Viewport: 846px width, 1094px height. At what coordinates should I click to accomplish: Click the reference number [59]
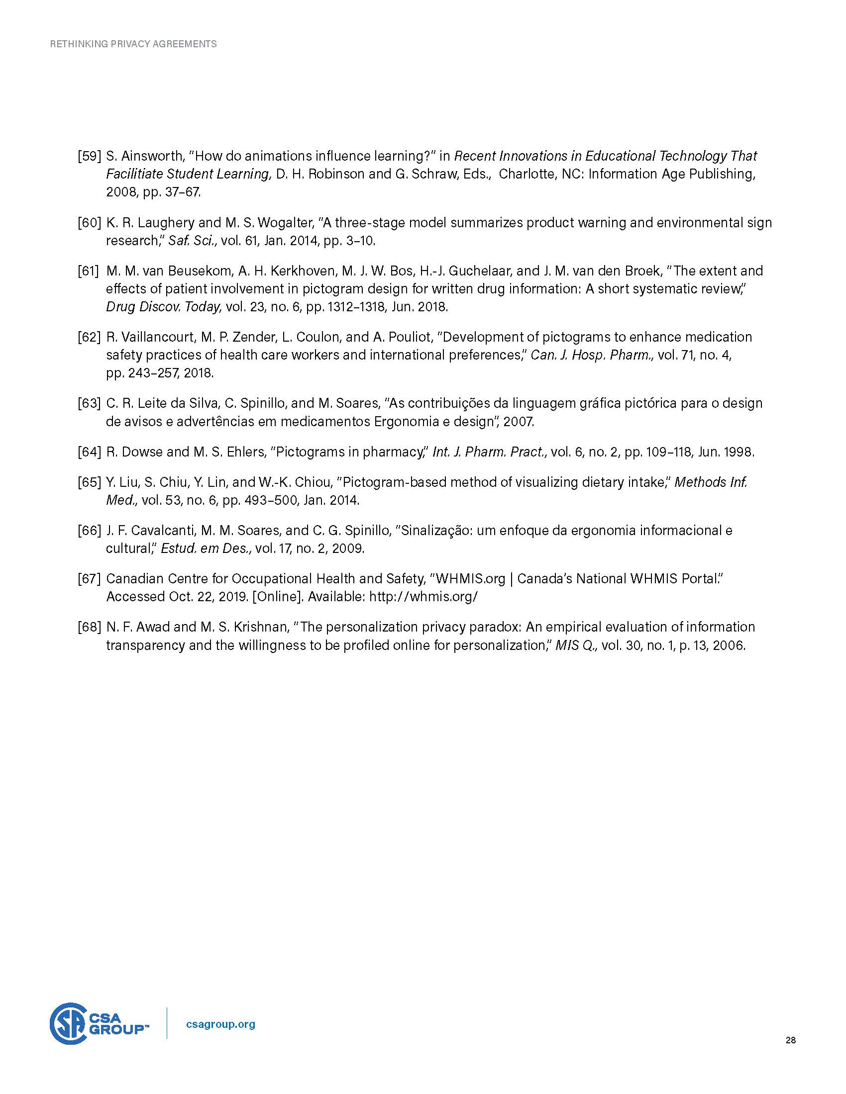pyautogui.click(x=89, y=156)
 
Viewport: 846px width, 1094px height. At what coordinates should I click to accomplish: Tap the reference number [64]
pyautogui.click(x=89, y=452)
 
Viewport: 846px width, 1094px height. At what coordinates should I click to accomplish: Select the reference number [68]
pyautogui.click(x=89, y=627)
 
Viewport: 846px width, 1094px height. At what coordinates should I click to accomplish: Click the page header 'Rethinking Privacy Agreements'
pyautogui.click(x=133, y=44)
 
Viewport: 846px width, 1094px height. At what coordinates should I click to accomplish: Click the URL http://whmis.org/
pyautogui.click(x=423, y=597)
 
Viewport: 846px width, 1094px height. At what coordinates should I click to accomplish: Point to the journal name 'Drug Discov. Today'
pyautogui.click(x=163, y=307)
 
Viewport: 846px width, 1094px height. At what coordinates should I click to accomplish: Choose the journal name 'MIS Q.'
pyautogui.click(x=576, y=645)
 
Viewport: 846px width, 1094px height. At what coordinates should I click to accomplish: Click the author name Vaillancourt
pyautogui.click(x=156, y=337)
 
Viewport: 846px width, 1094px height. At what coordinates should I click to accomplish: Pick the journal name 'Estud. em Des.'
pyautogui.click(x=206, y=548)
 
